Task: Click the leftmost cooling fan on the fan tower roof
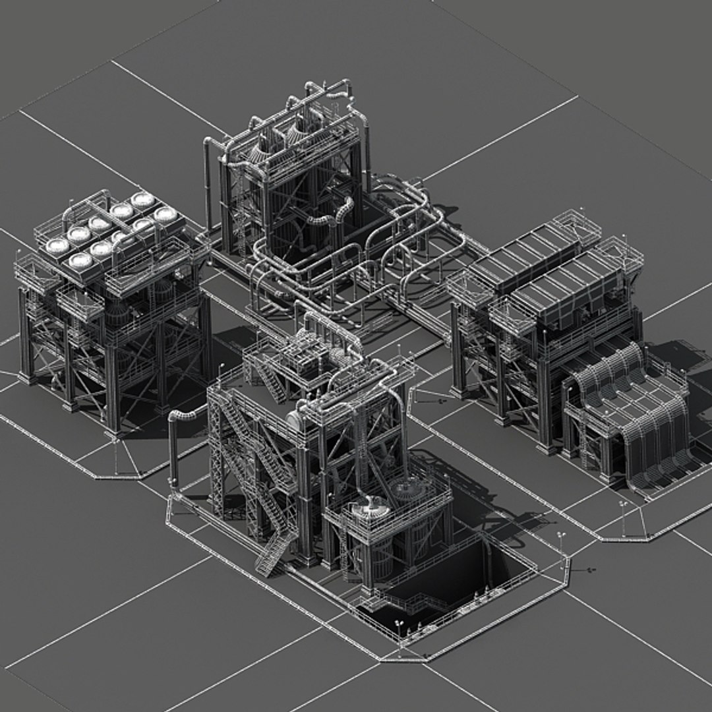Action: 57,245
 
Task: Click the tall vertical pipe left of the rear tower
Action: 208,185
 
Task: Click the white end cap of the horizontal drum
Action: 295,421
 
